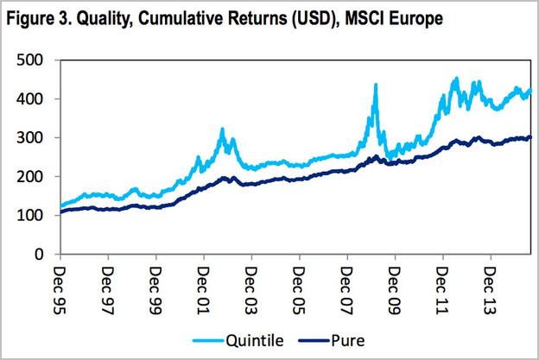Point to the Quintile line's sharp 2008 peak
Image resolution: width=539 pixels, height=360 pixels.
click(376, 85)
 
